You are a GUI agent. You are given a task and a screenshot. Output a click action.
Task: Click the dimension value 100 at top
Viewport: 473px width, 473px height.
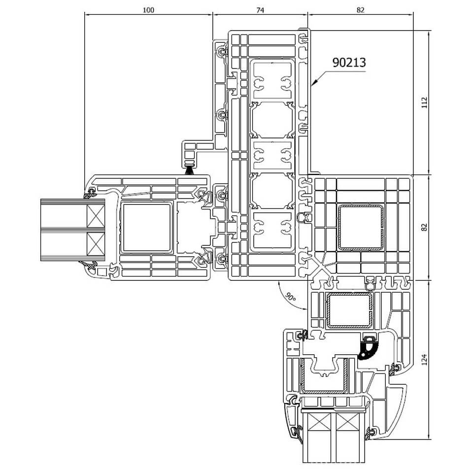(x=148, y=10)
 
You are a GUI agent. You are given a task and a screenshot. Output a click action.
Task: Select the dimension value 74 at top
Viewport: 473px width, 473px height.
(x=260, y=10)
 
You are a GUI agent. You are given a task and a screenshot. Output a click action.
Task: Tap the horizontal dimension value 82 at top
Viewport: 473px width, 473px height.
(x=360, y=10)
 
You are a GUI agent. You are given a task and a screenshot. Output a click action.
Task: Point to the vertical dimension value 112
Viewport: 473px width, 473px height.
(x=424, y=102)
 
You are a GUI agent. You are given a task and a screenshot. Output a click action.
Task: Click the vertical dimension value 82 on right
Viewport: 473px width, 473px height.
(x=424, y=227)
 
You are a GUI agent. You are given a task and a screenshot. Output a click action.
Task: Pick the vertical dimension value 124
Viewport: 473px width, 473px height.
(x=424, y=360)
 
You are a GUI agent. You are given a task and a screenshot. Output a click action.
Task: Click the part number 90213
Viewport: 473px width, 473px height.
(x=349, y=63)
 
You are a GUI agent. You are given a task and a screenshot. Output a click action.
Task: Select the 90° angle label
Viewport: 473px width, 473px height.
(x=290, y=297)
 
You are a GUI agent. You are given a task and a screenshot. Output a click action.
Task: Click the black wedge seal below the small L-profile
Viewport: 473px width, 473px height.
(x=189, y=171)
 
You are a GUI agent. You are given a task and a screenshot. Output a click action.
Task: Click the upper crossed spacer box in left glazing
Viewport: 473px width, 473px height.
(x=95, y=216)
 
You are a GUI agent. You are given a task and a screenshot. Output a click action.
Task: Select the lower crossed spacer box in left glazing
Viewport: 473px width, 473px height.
(x=95, y=244)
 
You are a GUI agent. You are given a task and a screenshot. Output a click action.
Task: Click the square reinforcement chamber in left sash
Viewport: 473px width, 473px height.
(x=147, y=228)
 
